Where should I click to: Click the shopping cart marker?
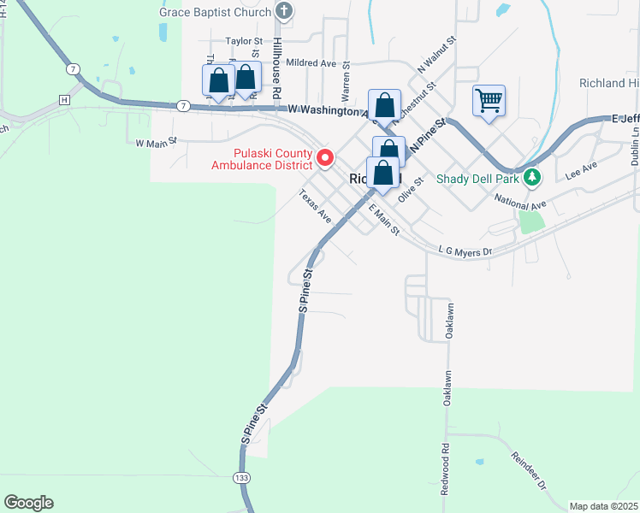tap(489, 100)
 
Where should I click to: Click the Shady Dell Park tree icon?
tap(533, 178)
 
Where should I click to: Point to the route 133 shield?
tap(241, 477)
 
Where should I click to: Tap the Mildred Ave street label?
tap(311, 63)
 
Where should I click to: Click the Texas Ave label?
tap(315, 206)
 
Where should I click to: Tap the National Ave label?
tap(520, 202)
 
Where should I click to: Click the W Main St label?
tap(155, 142)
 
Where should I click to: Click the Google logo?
tap(28, 503)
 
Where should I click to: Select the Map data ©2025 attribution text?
tap(602, 506)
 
